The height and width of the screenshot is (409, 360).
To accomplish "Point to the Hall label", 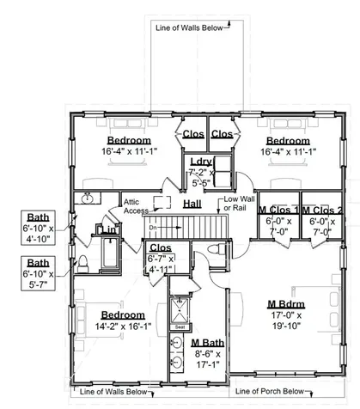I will [x=192, y=204].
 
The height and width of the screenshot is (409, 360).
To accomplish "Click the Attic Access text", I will [x=137, y=205].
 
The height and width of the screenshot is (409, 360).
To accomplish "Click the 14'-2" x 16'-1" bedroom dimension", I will [x=118, y=327].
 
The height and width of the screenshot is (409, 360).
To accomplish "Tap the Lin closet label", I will [x=110, y=230].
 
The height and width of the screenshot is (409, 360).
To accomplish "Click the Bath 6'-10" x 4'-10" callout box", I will [x=38, y=228].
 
